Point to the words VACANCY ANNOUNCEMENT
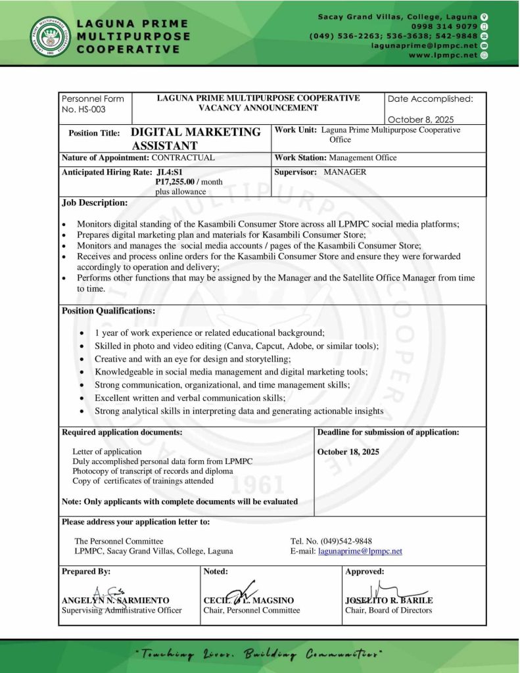(x=258, y=108)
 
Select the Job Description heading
(x=95, y=202)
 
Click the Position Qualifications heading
(x=108, y=311)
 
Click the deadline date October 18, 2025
(x=348, y=452)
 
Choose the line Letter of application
(x=107, y=452)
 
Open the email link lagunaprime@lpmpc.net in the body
(x=360, y=551)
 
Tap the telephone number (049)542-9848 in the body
(x=343, y=541)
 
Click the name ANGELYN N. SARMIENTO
(x=115, y=600)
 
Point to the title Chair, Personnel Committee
(x=252, y=610)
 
